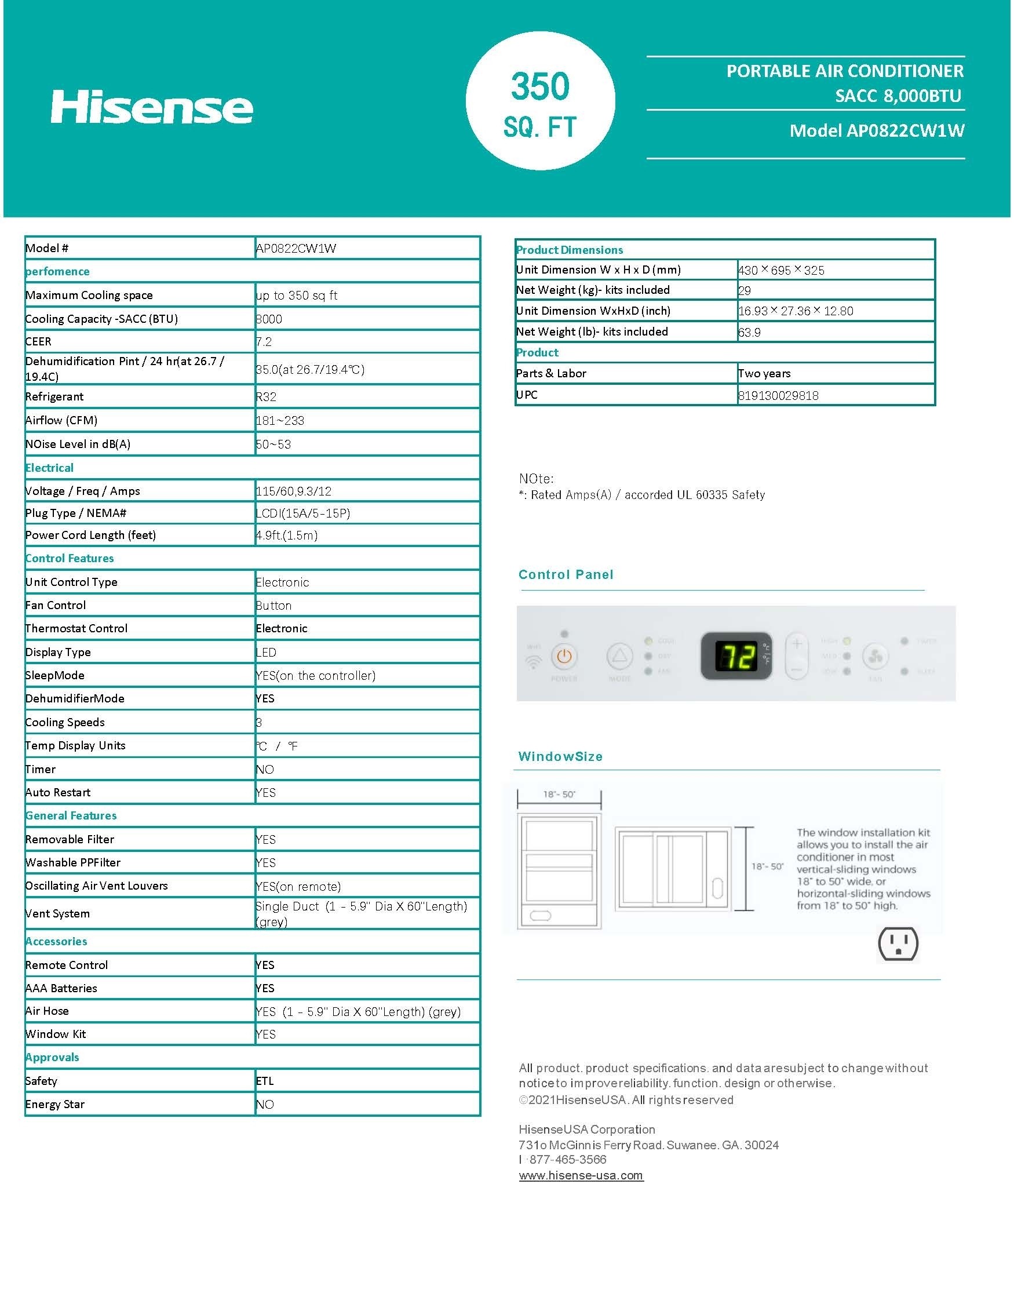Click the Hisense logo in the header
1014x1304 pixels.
coord(152,107)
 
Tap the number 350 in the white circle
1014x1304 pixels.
coord(540,86)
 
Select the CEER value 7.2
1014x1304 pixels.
coord(264,342)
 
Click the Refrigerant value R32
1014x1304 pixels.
coord(266,397)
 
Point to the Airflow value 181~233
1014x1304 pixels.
coord(280,421)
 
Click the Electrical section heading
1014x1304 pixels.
coord(49,468)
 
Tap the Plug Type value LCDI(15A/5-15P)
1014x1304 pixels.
coord(302,513)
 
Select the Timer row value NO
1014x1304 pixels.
coord(265,770)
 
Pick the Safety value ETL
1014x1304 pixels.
coord(265,1081)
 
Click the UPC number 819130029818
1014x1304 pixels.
coord(778,396)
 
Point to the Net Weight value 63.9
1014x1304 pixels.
coord(750,333)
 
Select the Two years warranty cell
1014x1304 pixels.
coord(764,374)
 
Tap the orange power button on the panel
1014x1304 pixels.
coord(564,657)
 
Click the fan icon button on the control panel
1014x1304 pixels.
coord(876,657)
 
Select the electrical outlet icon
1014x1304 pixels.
coord(898,944)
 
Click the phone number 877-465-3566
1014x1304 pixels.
coord(568,1160)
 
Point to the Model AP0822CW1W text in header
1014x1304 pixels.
coord(877,131)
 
